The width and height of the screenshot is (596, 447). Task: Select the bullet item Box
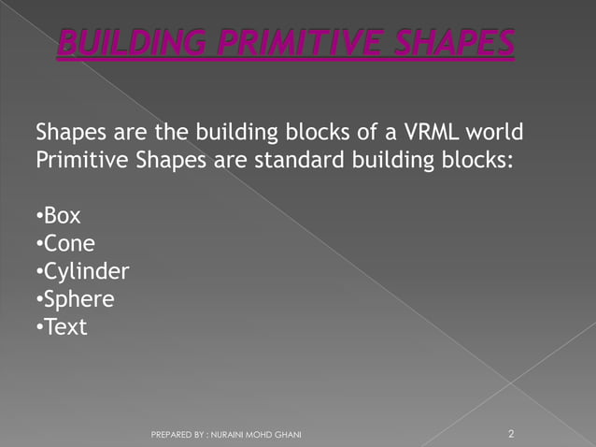click(x=62, y=216)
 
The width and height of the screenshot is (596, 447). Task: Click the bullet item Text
click(x=64, y=328)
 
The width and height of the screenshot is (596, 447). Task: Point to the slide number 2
click(x=511, y=434)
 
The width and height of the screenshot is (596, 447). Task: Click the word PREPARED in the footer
click(x=173, y=435)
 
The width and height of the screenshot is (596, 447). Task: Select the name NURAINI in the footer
click(x=229, y=435)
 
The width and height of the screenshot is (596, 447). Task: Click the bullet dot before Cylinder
click(x=38, y=273)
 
